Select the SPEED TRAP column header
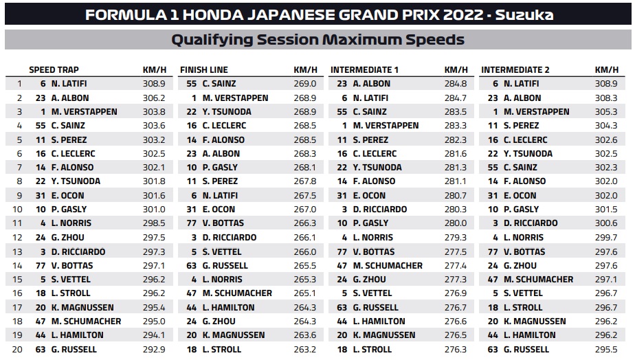54,69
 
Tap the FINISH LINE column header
204,69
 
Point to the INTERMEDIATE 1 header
364,69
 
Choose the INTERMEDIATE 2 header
515,69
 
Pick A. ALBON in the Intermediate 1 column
372,84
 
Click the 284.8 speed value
456,84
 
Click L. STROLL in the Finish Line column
221,349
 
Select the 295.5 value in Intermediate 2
606,349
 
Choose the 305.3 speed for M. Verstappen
606,111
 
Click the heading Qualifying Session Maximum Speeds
317,40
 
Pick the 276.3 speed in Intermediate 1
456,349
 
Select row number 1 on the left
19,84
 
